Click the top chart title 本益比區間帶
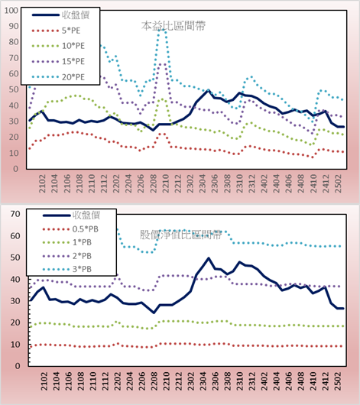tap(174, 26)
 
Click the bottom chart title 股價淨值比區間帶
tap(180, 235)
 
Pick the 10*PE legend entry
tap(58, 46)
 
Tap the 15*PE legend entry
tap(58, 61)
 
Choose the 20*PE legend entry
tap(58, 77)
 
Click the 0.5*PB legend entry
tap(70, 229)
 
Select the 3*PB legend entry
tap(67, 269)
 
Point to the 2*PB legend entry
tap(67, 256)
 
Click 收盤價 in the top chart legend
tap(60, 15)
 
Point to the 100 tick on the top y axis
tap(11, 11)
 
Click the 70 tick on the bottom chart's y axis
tap(15, 214)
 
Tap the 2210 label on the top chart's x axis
tap(165, 183)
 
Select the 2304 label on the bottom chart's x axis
tap(203, 381)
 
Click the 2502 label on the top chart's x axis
tap(338, 183)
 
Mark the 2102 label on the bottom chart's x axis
tap(44, 381)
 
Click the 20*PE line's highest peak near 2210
tap(161, 31)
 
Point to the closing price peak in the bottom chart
tap(209, 258)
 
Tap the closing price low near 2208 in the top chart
tap(154, 130)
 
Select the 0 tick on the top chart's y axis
tap(16, 169)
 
